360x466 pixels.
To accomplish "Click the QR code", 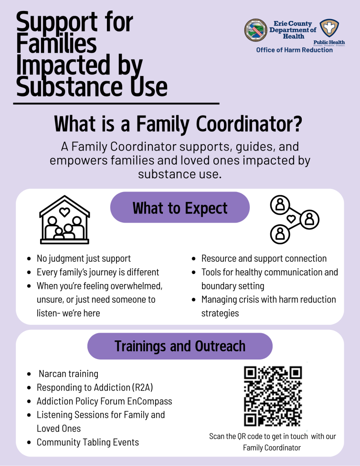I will coord(273,395).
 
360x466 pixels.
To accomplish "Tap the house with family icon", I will coord(65,220).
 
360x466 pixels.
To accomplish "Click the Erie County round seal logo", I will coord(256,30).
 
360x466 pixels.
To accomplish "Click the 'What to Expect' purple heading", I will coord(180,208).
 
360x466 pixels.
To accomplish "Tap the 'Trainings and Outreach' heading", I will coord(180,346).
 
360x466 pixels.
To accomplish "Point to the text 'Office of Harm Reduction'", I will coord(294,50).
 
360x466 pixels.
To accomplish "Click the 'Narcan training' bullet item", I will coord(68,374).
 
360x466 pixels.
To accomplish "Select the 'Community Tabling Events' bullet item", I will coord(88,442).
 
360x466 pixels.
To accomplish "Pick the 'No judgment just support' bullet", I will coord(84,258).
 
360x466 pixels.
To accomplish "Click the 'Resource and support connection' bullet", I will coord(264,258).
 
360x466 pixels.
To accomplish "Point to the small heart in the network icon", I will coord(291,219).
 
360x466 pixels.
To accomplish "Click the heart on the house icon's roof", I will coord(65,211).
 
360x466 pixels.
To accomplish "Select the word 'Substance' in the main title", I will coord(62,87).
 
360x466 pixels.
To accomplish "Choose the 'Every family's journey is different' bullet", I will coord(98,272).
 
